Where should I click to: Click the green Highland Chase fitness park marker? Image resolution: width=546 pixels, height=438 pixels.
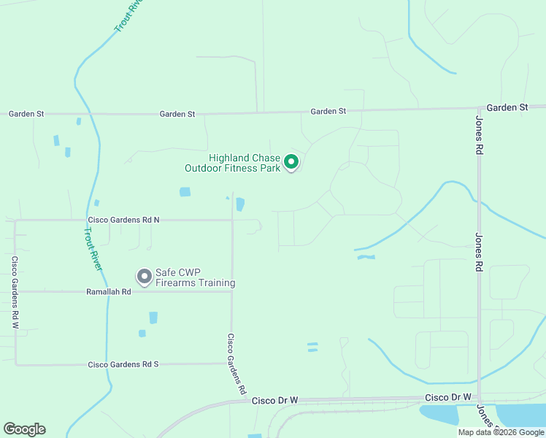coord(291,162)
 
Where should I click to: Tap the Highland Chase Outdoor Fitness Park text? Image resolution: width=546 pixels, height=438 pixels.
coord(233,163)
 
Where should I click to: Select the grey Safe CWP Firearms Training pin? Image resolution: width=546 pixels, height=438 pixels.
coord(144,276)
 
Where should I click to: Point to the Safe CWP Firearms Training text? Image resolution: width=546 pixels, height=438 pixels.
coord(195,277)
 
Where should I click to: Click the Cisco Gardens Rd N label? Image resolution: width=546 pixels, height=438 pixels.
coord(123,219)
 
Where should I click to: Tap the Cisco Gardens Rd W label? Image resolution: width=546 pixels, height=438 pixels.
coord(15,291)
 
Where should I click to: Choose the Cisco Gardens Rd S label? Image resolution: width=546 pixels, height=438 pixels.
coord(123,364)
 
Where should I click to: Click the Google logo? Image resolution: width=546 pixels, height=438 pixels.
coord(24,429)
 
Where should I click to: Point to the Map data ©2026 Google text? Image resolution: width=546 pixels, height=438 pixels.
coord(500,432)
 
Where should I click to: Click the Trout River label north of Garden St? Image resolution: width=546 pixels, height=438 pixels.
coord(128,16)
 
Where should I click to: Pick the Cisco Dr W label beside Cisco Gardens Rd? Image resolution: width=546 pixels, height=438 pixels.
coord(275,401)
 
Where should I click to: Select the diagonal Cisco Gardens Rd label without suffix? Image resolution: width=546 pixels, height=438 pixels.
coord(235,364)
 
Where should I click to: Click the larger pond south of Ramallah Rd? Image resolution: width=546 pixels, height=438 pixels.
coord(153,318)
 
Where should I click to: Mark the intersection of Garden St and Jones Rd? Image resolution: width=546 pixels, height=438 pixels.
coord(478,108)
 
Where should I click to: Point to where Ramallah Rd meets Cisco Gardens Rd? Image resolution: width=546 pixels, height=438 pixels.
coord(231,291)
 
